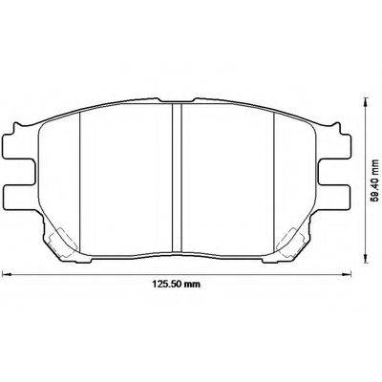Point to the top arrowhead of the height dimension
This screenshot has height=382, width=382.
(x=367, y=97)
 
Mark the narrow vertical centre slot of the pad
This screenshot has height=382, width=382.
(x=177, y=172)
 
